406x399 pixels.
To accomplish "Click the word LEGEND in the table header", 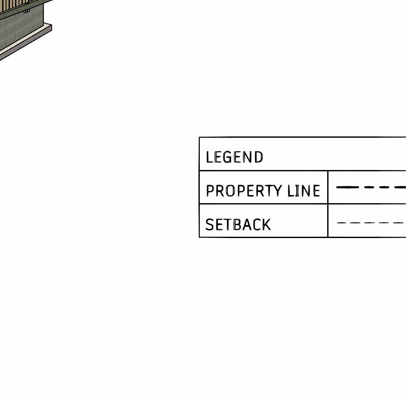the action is [234, 157].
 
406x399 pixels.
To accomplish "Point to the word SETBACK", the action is [238, 225].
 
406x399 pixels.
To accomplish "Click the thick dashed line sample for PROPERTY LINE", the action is [370, 187].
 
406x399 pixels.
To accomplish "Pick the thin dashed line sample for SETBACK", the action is [370, 223].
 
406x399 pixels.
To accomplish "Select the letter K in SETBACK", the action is [266, 225].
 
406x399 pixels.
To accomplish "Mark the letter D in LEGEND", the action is [258, 157].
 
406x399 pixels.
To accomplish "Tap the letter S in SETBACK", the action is [210, 225].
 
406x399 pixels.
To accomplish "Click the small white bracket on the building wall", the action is [26, 10].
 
